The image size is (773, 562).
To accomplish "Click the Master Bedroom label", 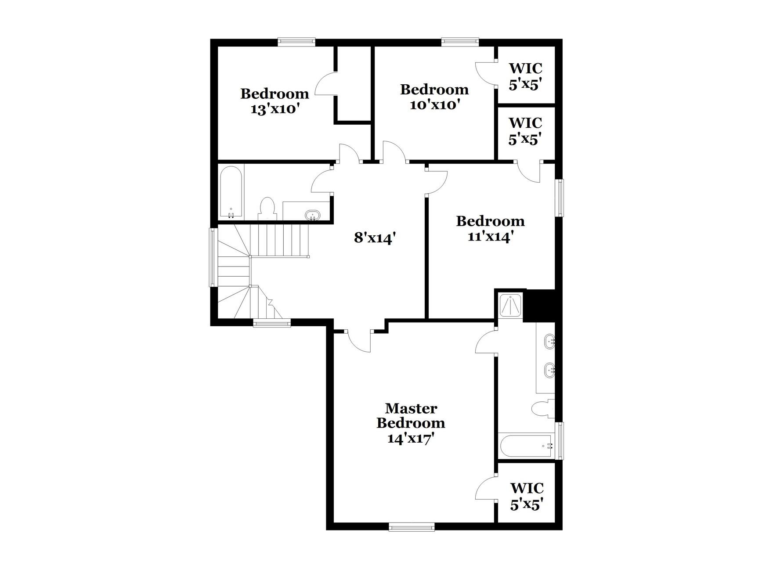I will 411,415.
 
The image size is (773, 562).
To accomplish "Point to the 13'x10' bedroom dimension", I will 275,109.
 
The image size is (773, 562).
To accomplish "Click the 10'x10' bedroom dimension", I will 434,105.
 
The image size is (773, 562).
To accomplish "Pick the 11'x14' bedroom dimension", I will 490,237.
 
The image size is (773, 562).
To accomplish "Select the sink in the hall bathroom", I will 313,215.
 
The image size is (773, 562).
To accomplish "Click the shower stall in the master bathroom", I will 511,305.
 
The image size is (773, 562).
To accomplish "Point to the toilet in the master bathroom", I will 542,409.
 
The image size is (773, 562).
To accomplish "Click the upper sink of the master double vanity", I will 549,341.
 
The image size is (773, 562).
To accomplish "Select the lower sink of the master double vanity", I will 549,370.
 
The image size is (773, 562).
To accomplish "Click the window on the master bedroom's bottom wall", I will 412,526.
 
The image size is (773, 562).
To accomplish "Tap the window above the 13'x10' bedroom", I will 296,42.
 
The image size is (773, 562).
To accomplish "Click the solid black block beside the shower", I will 540,306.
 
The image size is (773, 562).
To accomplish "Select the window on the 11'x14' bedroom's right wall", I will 560,198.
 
